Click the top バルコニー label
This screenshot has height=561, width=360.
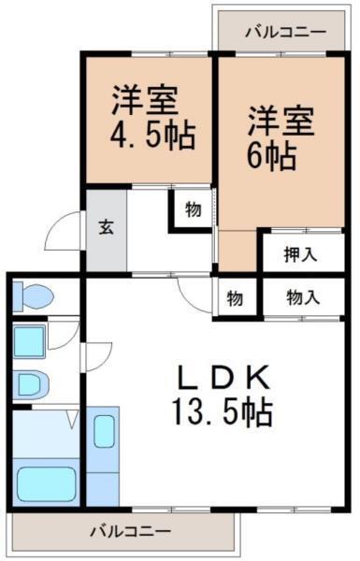286,32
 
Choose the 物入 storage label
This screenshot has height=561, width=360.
302,298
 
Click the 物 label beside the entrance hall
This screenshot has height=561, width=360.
192,210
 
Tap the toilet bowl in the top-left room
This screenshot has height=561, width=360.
32,297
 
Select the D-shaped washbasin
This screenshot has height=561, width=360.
32,384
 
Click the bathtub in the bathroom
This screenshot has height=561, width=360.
47,482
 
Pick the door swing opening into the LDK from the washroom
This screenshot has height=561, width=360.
97,353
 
